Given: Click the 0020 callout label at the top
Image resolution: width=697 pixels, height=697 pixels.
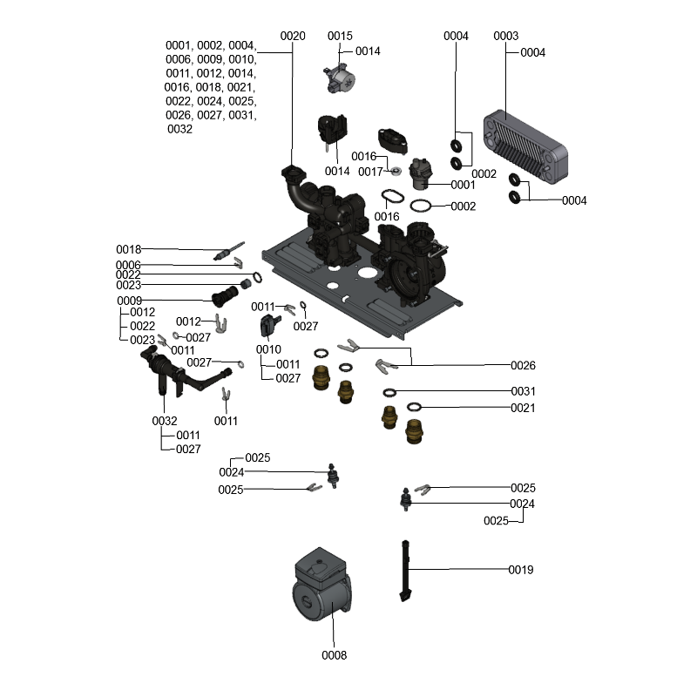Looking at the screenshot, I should click(293, 36).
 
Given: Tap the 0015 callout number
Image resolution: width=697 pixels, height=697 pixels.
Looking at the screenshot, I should click(340, 36).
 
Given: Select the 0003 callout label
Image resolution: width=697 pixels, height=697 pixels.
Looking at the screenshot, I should click(505, 36).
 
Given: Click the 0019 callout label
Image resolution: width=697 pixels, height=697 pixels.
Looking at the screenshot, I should click(521, 570).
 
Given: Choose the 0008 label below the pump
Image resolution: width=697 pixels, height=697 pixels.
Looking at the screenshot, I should click(334, 655).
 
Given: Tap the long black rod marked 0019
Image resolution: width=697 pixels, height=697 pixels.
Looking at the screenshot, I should click(405, 571).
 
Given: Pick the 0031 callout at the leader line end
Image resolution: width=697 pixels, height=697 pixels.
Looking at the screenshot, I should click(523, 391).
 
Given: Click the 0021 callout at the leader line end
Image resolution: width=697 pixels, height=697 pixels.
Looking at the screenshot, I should click(523, 408).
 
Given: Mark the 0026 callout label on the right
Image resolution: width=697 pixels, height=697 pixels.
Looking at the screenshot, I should click(523, 365).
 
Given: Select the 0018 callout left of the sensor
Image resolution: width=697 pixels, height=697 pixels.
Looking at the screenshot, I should click(128, 249).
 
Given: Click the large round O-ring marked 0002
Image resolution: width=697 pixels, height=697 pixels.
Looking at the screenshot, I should click(422, 206).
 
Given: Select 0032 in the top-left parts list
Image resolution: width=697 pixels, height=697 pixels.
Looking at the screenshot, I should click(179, 129).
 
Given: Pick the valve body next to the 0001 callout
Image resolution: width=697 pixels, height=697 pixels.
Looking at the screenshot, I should click(423, 172).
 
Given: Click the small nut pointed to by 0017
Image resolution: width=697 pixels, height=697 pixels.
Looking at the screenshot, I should click(396, 172).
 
